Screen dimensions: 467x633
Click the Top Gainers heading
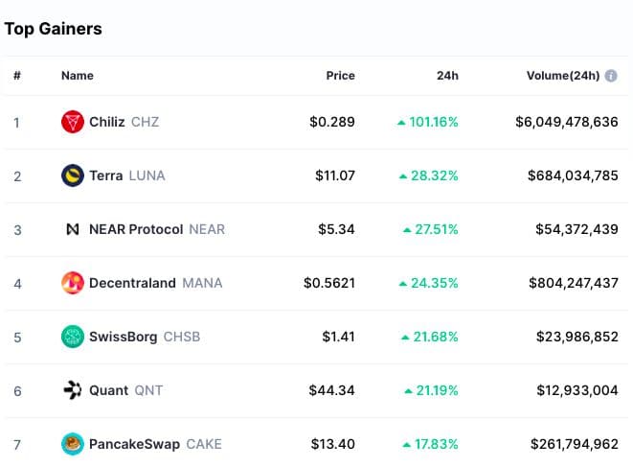pyautogui.click(x=54, y=29)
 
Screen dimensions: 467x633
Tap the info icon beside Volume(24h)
pyautogui.click(x=611, y=76)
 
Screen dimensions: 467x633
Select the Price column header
pyautogui.click(x=340, y=76)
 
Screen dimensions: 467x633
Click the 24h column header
pyautogui.click(x=446, y=76)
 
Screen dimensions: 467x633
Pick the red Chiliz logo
pyautogui.click(x=72, y=122)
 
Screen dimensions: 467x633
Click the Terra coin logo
pyautogui.click(x=72, y=175)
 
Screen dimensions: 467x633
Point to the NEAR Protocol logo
pyautogui.click(x=72, y=229)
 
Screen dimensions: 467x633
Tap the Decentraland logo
pyautogui.click(x=72, y=283)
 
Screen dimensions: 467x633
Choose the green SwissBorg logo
pyautogui.click(x=72, y=337)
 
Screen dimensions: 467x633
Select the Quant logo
pyautogui.click(x=72, y=390)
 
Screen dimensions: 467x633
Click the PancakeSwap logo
pyautogui.click(x=72, y=444)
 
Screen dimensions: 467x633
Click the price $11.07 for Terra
pyautogui.click(x=335, y=175)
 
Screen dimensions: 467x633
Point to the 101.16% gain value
pyautogui.click(x=433, y=122)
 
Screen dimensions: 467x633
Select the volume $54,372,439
pyautogui.click(x=573, y=229)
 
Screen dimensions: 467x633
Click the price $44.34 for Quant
pyautogui.click(x=331, y=390)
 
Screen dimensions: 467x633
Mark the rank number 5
pyautogui.click(x=15, y=337)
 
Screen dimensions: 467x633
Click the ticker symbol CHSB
pyautogui.click(x=182, y=337)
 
